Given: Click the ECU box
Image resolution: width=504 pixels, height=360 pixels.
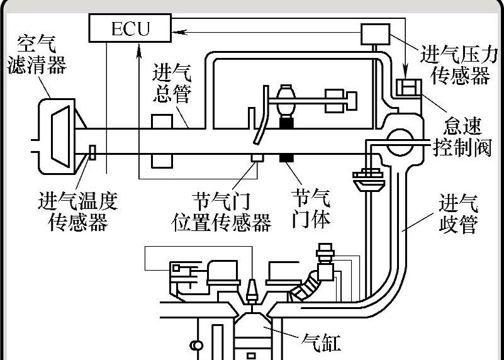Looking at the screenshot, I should [130, 28].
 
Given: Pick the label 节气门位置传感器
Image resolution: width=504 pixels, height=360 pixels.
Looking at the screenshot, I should [221, 213].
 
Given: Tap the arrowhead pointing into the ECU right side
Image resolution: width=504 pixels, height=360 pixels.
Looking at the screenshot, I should [176, 28].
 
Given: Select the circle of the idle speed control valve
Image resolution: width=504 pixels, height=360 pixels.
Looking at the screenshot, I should [399, 140].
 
